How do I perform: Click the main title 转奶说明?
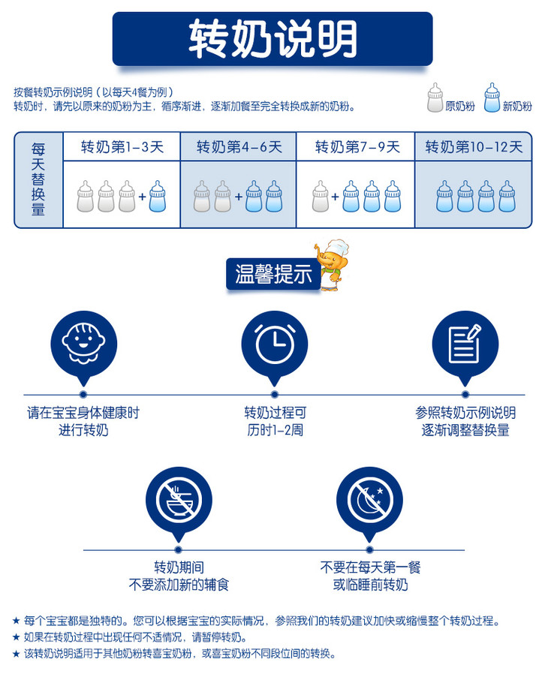272,38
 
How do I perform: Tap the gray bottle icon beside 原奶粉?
435,98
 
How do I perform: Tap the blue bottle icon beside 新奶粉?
492,98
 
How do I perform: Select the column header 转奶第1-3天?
122,147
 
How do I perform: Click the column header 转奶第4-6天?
239,147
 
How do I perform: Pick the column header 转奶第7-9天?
357,147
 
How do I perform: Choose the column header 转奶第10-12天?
474,147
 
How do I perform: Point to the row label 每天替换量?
39,179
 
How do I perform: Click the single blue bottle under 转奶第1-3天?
157,197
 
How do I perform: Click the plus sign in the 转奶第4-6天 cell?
239,197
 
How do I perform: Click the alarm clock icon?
275,344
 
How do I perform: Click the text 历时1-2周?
275,431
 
